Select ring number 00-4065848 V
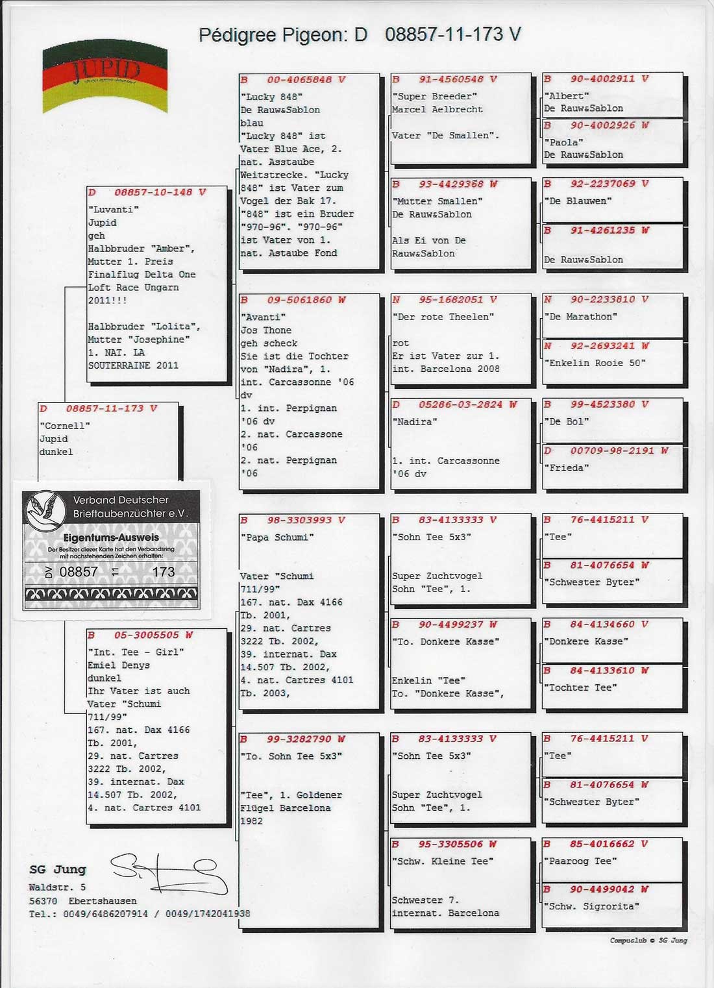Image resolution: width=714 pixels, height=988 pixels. pyautogui.click(x=306, y=80)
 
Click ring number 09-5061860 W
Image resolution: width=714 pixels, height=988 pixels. pyautogui.click(x=306, y=300)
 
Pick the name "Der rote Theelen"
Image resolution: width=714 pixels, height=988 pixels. pyautogui.click(x=443, y=317)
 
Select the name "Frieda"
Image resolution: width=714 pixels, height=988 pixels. pyautogui.click(x=567, y=467)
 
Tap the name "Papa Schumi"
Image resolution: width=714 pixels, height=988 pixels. pyautogui.click(x=277, y=537)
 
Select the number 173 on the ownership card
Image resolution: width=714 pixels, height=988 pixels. pyautogui.click(x=164, y=572)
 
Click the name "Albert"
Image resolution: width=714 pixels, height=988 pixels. pyautogui.click(x=567, y=95)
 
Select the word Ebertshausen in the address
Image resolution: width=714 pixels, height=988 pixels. pyautogui.click(x=103, y=901)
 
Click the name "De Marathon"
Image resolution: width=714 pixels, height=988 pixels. pyautogui.click(x=580, y=317)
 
